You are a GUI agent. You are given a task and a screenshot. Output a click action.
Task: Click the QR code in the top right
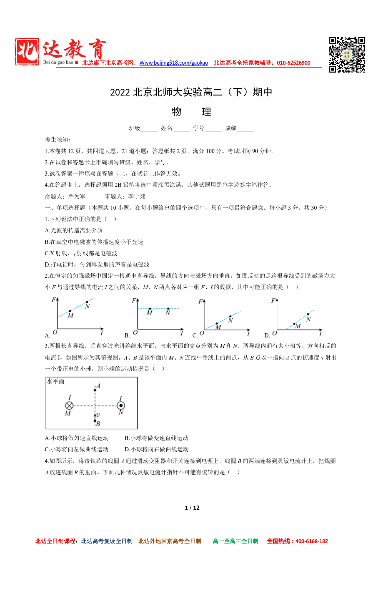347,55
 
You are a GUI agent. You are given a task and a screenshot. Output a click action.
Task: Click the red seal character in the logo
27,52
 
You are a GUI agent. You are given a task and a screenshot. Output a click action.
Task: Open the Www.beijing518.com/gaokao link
173,63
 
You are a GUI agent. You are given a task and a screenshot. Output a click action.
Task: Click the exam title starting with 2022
191,92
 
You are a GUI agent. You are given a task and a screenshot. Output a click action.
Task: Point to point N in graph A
87,302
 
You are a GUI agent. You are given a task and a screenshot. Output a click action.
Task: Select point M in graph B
150,309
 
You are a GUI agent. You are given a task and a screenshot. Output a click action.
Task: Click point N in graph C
230,316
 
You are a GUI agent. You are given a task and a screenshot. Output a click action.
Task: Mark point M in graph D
294,324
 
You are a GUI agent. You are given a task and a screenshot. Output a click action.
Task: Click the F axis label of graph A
54,300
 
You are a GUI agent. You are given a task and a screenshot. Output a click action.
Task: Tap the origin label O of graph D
274,333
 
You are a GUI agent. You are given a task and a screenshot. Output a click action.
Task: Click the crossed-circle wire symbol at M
69,405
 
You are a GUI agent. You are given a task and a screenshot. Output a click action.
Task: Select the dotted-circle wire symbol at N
121,405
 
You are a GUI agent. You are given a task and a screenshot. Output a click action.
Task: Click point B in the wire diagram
95,420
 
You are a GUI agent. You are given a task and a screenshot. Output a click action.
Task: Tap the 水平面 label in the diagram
56,381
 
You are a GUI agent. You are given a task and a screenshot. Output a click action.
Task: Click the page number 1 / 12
192,508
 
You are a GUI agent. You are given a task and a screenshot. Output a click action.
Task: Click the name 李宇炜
137,196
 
